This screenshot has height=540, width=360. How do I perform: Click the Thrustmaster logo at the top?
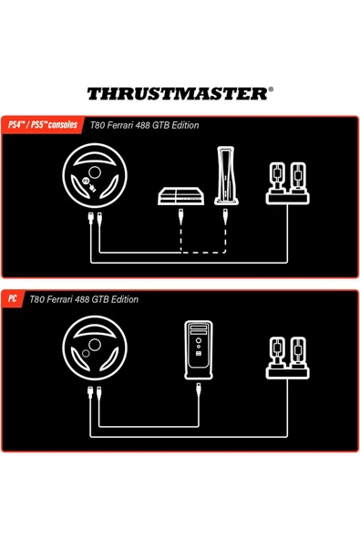pyautogui.click(x=180, y=92)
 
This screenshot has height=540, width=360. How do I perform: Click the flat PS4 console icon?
pyautogui.click(x=182, y=196)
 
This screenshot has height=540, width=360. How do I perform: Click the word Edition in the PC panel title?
pyautogui.click(x=122, y=299)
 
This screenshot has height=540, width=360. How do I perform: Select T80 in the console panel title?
pyautogui.click(x=98, y=125)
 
